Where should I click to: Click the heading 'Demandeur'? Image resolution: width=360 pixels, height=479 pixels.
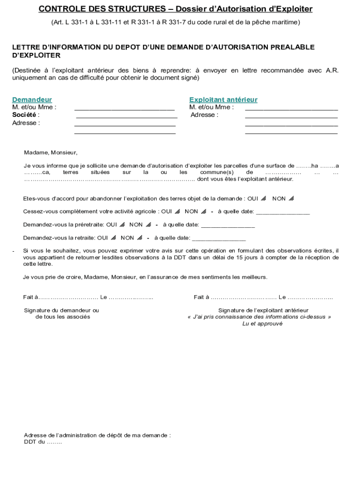pyautogui.click(x=32, y=100)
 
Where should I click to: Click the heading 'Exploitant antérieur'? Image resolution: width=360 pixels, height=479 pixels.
pyautogui.click(x=223, y=100)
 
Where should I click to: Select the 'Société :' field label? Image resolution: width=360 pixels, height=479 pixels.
pyautogui.click(x=26, y=115)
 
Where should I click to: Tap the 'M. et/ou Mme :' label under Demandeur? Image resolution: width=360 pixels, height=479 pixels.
pyautogui.click(x=34, y=107)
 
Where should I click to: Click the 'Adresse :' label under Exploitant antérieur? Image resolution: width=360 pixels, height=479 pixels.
pyautogui.click(x=204, y=115)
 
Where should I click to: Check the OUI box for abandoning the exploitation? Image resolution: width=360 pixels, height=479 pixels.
pyautogui.click(x=264, y=199)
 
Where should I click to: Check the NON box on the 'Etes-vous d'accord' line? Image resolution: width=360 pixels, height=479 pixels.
pyautogui.click(x=291, y=199)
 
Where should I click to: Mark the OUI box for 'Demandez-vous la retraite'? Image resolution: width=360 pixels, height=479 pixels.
pyautogui.click(x=114, y=238)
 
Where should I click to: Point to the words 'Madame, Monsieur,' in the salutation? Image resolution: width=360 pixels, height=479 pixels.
pyautogui.click(x=50, y=152)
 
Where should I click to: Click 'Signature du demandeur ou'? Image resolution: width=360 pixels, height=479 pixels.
pyautogui.click(x=61, y=310)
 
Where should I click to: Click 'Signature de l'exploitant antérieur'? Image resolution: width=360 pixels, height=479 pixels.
pyautogui.click(x=263, y=310)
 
